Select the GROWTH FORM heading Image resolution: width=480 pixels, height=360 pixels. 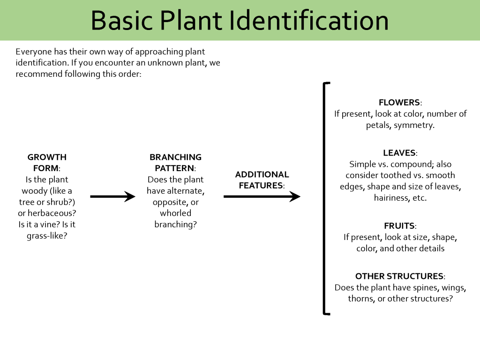pos(46,163)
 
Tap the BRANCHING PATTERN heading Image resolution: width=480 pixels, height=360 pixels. pos(175,163)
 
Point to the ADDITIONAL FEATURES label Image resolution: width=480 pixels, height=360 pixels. pos(262,180)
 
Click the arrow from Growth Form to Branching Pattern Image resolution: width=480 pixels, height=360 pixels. pos(112,196)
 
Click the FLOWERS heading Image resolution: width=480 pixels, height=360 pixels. pos(399,102)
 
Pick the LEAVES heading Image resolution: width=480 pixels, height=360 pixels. pos(399,153)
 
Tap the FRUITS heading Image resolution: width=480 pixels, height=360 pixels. pos(399,226)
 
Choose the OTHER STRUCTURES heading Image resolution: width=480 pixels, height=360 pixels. pos(399,276)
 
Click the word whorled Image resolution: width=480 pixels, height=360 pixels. pos(175,213)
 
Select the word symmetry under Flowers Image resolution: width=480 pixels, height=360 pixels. pos(414,125)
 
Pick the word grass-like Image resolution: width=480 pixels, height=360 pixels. pos(47,236)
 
